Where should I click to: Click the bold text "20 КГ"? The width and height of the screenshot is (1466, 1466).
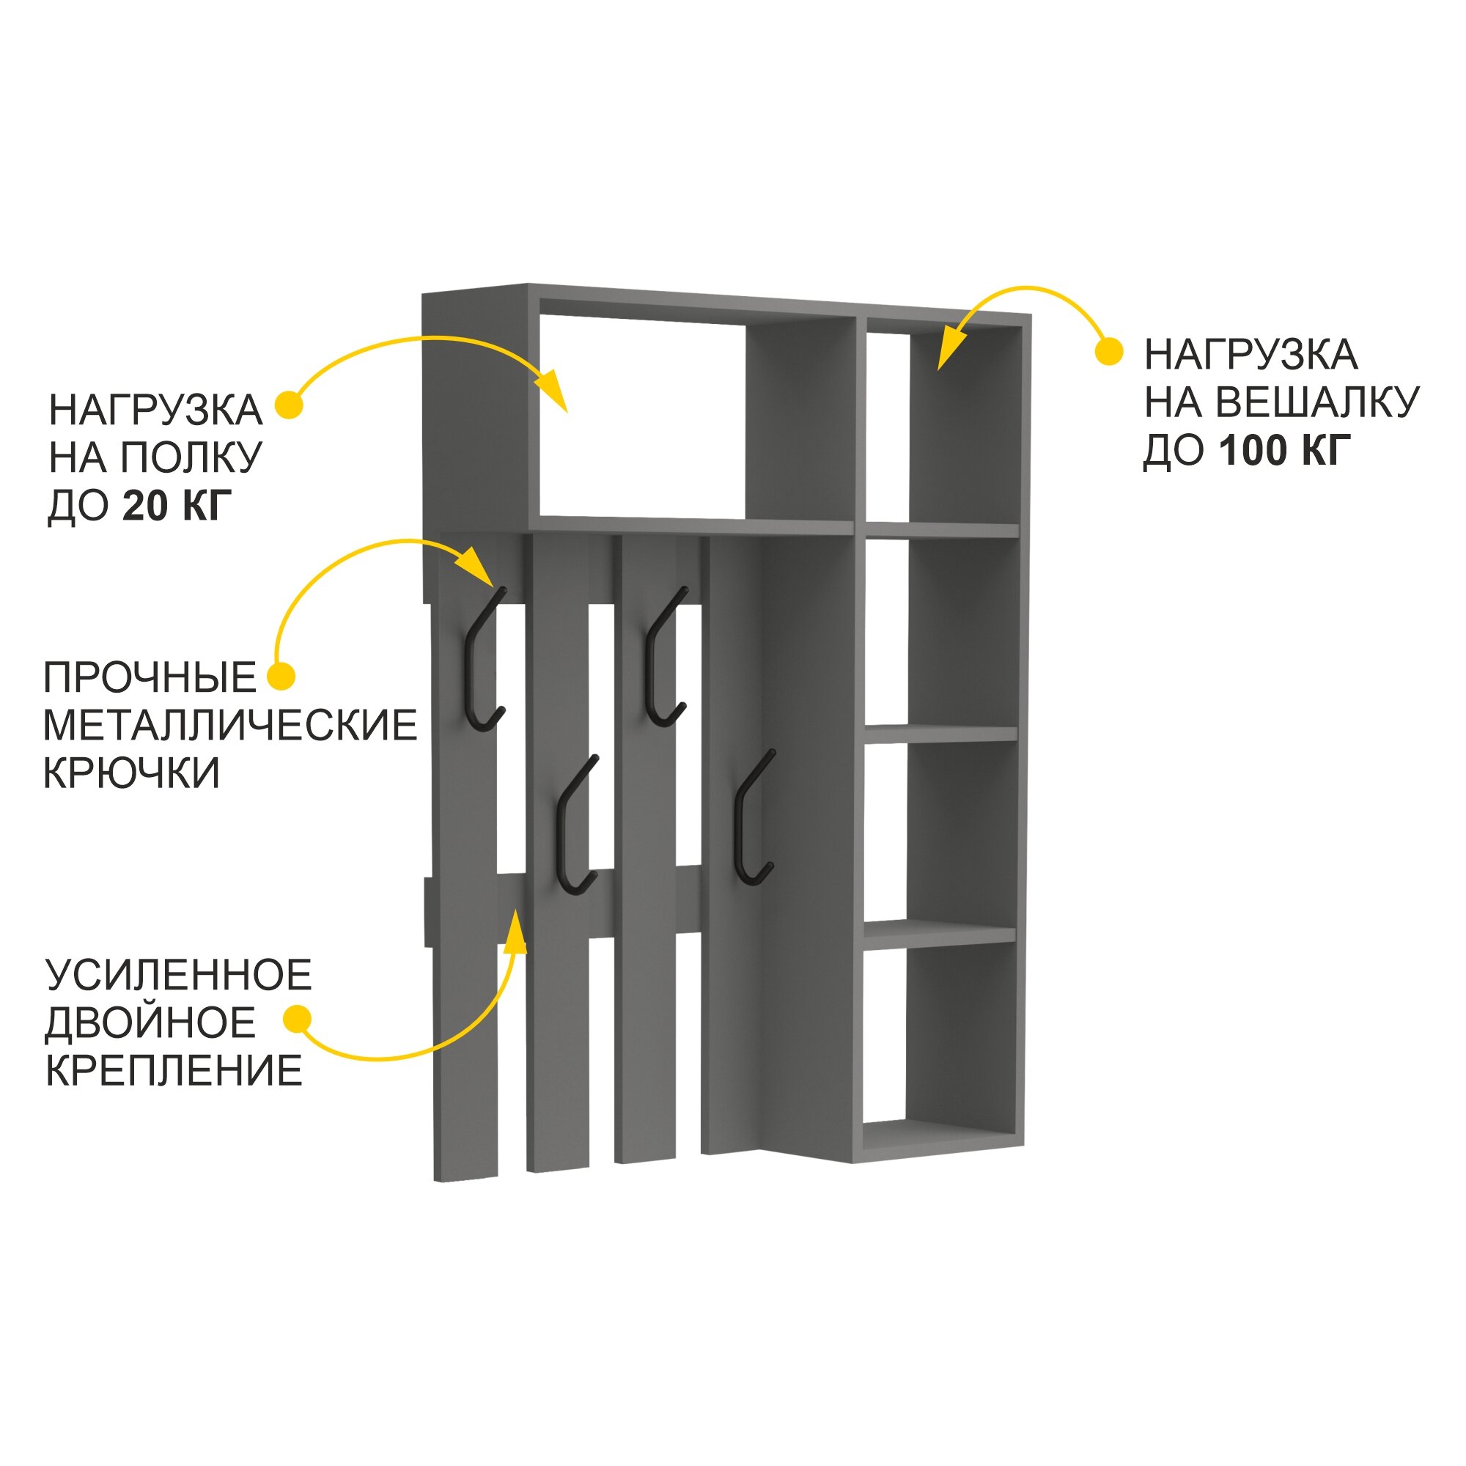point(176,505)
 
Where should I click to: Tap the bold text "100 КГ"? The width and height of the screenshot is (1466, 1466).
point(1286,451)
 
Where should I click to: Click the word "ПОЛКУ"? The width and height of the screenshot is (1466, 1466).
point(191,457)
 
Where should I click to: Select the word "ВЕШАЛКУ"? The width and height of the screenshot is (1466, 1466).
point(1319,402)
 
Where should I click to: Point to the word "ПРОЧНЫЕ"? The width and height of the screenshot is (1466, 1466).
point(150,677)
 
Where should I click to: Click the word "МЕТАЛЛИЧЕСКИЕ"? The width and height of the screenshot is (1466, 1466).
point(230,726)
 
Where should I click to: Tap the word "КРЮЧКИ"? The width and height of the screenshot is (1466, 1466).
point(131,773)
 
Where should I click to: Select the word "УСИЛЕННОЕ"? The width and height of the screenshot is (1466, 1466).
point(179,975)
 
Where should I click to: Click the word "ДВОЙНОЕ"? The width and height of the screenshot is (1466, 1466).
point(150,1023)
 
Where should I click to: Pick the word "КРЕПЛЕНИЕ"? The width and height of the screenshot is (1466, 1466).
point(174,1071)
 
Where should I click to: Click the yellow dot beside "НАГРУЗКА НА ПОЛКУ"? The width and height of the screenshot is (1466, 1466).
point(288,405)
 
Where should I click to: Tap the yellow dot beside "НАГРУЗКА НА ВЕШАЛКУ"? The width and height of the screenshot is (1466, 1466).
point(1109,352)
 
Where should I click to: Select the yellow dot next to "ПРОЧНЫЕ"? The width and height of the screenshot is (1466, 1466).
point(281,676)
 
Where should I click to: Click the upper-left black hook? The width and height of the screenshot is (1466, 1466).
point(482,661)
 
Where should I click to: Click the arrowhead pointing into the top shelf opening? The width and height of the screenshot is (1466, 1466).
point(554,390)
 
